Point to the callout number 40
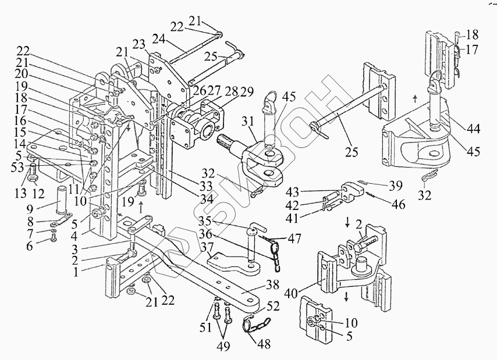point(291,294)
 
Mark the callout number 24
point(160,40)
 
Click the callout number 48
point(263,344)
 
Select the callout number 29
point(247,91)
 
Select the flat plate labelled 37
point(235,262)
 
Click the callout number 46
point(398,205)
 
